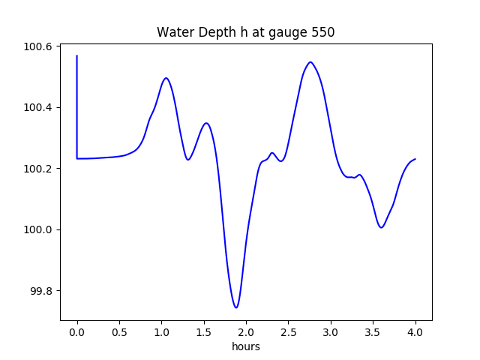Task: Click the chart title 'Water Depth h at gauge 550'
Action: pyautogui.click(x=245, y=33)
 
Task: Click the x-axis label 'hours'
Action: pyautogui.click(x=245, y=347)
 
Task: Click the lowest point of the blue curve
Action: pyautogui.click(x=236, y=307)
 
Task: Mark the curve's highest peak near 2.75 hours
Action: pyautogui.click(x=310, y=62)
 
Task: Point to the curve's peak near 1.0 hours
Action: pyautogui.click(x=166, y=78)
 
